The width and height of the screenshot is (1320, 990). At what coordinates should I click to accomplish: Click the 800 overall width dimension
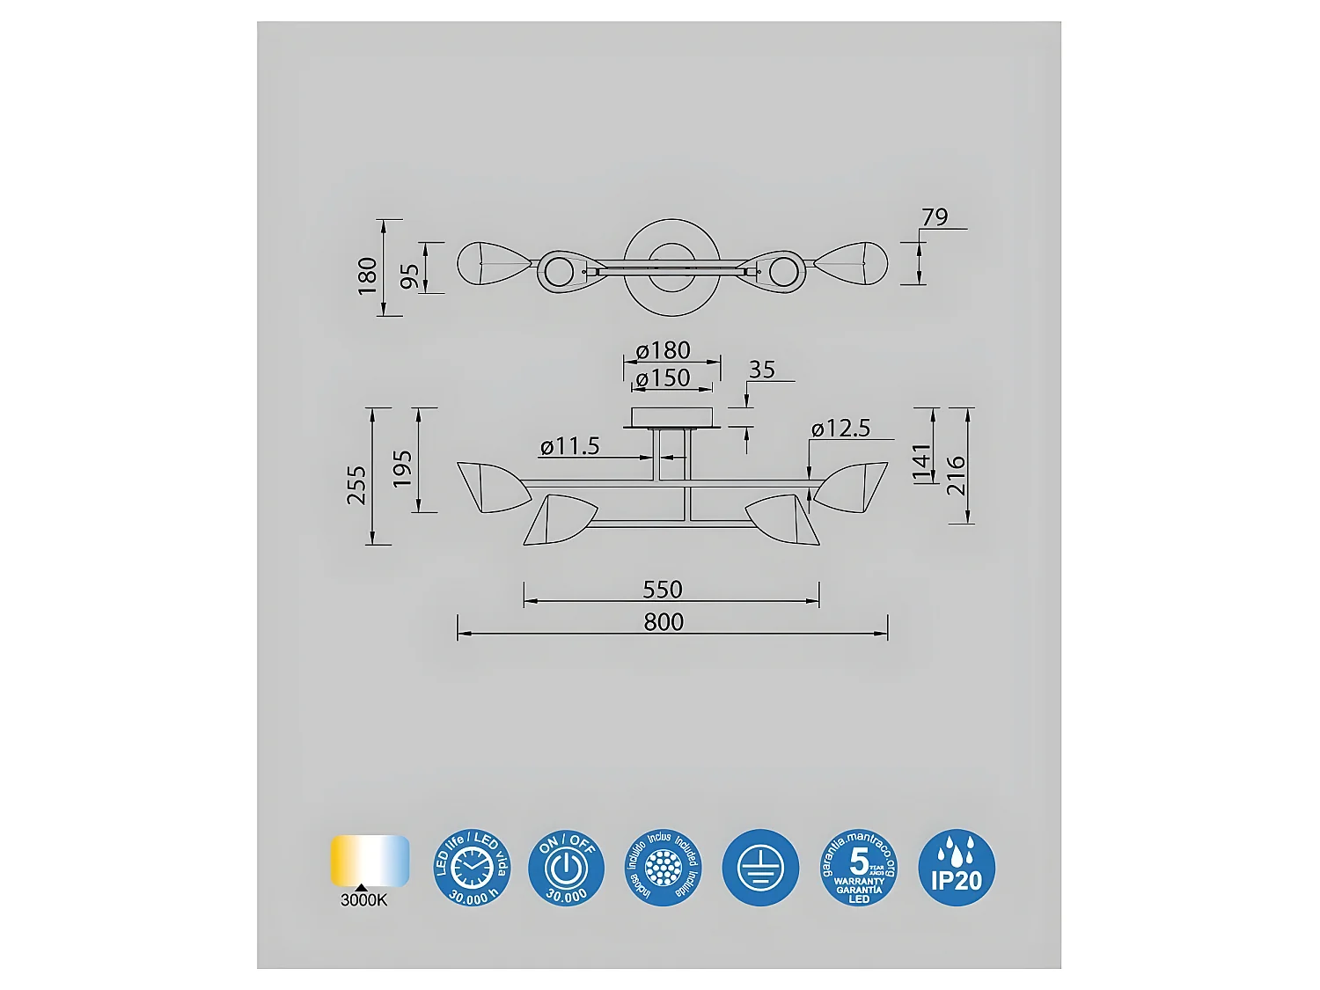click(x=663, y=621)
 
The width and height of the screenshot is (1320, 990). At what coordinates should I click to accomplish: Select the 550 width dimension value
click(x=662, y=589)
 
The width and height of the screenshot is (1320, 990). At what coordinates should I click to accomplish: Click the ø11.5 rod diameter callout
click(x=569, y=446)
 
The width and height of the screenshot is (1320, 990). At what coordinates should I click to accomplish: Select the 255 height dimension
click(x=356, y=485)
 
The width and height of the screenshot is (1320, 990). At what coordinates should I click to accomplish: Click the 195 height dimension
click(x=402, y=469)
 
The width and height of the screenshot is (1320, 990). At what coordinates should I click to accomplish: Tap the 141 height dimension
click(x=921, y=463)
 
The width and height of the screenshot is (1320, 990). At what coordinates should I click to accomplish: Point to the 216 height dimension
click(x=956, y=475)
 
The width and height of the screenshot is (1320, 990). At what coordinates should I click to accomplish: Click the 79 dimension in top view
click(x=935, y=216)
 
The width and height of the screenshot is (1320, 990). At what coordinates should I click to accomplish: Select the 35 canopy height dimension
click(x=761, y=370)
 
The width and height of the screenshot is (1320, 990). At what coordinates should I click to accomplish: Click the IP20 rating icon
click(x=957, y=868)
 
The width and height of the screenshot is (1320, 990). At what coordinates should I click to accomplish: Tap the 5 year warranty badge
click(x=858, y=868)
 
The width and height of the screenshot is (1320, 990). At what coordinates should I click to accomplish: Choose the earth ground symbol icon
click(x=760, y=868)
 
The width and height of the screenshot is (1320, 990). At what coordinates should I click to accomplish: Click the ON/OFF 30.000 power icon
click(x=567, y=868)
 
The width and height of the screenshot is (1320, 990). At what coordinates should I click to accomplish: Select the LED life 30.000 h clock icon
click(x=473, y=868)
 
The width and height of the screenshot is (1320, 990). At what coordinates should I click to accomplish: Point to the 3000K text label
click(x=363, y=900)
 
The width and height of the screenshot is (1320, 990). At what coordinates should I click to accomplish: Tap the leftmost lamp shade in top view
click(x=492, y=261)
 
